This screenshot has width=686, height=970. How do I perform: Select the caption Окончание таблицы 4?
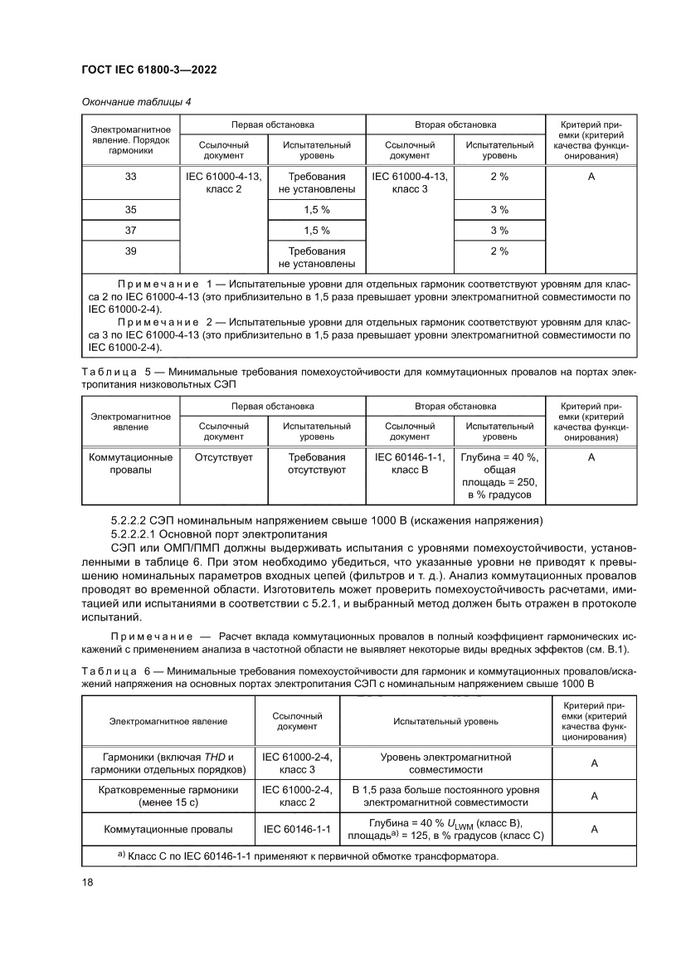137,102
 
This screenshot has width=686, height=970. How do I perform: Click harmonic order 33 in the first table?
130,177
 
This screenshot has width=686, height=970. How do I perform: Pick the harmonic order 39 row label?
130,251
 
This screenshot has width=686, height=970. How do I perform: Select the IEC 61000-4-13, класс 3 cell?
410,183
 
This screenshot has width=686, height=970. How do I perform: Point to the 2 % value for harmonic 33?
499,177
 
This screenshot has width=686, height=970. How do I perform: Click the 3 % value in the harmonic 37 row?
499,230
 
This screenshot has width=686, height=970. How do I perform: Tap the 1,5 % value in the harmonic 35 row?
317,210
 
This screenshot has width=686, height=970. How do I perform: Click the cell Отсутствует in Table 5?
223,456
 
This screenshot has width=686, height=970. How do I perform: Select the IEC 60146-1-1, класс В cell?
410,463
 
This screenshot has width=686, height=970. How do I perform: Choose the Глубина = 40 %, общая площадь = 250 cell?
499,476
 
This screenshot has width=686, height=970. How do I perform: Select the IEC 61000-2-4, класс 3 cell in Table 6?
297,763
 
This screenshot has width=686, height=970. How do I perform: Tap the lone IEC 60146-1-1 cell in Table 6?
297,829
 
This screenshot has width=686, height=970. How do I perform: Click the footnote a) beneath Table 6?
121,855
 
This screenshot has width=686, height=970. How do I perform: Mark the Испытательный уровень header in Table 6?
445,721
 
